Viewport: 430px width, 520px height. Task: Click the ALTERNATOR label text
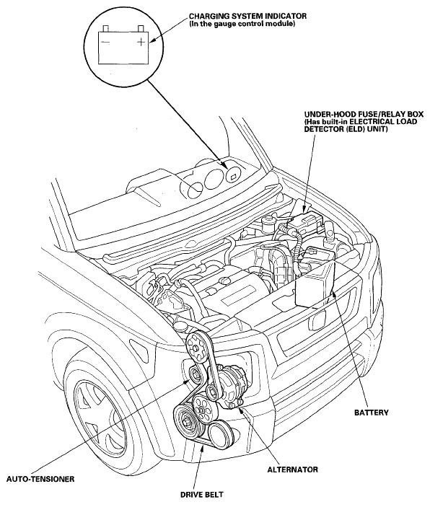(292, 470)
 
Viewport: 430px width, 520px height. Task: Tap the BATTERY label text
(371, 413)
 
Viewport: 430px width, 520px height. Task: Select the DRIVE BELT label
(202, 495)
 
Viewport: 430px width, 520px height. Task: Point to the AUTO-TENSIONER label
(40, 479)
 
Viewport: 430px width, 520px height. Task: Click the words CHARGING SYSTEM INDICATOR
(247, 16)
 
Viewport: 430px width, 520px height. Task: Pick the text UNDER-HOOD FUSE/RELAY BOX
(364, 114)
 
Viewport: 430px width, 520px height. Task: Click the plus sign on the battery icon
(141, 42)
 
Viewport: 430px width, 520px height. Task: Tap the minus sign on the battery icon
(106, 42)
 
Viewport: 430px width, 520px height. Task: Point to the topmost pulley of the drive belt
(197, 348)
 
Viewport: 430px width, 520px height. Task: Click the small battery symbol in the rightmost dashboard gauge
(233, 177)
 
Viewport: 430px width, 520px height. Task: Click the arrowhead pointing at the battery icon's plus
(152, 41)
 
